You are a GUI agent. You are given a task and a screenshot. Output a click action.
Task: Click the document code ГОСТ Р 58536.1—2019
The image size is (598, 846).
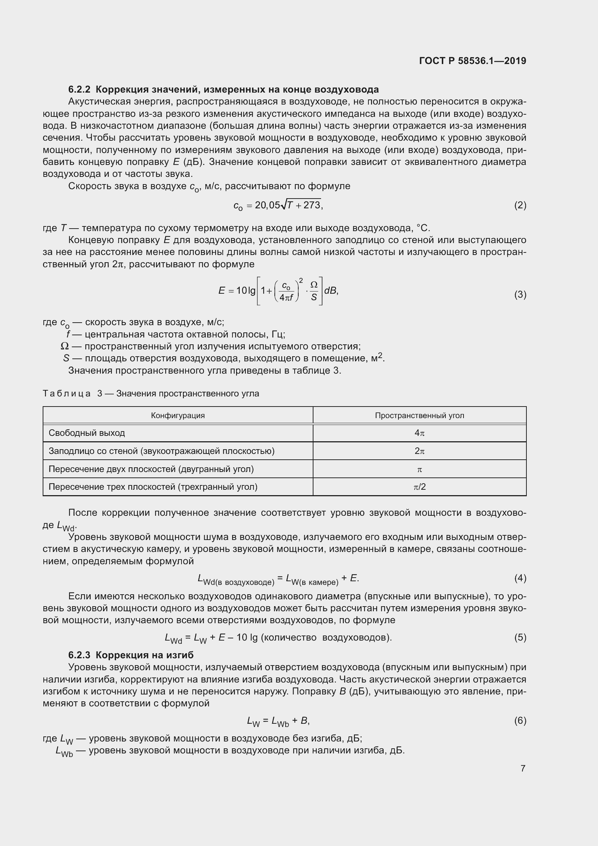(x=473, y=61)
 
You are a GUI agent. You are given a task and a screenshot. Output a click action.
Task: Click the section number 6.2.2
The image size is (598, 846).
(x=79, y=90)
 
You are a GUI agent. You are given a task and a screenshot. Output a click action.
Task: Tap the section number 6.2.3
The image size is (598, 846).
(x=79, y=655)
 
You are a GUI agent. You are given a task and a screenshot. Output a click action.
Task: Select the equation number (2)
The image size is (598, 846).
(x=520, y=205)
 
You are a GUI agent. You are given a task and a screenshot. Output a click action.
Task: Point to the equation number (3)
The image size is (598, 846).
(x=520, y=295)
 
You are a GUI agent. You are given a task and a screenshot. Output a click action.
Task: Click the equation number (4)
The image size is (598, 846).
(x=520, y=578)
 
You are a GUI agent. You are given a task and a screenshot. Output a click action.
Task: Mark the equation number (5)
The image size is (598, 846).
(x=520, y=637)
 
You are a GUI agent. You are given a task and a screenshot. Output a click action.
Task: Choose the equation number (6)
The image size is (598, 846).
(x=520, y=720)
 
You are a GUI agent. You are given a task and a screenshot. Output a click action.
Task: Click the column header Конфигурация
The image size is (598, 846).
(x=178, y=416)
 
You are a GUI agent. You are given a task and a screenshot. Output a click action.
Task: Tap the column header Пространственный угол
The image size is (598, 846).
(x=419, y=416)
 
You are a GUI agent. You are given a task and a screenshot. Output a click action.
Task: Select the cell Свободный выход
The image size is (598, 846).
(x=87, y=433)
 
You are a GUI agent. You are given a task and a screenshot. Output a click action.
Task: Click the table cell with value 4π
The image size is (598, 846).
(x=419, y=433)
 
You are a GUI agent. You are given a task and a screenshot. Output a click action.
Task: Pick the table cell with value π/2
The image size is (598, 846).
(x=419, y=487)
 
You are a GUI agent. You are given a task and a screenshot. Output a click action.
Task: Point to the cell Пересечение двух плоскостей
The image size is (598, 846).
(x=151, y=469)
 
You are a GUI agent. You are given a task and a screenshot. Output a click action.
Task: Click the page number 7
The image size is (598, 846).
(x=523, y=768)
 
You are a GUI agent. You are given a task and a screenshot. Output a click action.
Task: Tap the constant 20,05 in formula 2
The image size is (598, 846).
(x=267, y=205)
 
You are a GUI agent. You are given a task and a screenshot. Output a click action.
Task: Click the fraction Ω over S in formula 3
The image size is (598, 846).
(x=314, y=291)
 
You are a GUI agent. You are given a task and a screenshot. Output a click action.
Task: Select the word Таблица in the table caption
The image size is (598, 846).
(x=67, y=394)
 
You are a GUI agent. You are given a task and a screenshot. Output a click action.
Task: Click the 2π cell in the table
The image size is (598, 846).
(x=419, y=451)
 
